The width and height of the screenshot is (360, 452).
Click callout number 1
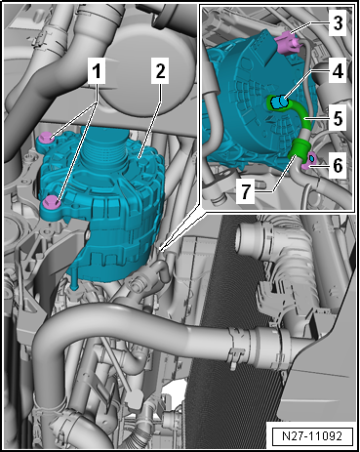coord(97,72)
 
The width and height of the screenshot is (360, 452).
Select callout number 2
coord(160,71)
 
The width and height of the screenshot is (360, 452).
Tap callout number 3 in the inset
coord(338,23)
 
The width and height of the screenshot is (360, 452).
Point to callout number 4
coord(338,70)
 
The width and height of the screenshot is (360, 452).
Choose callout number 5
coord(338,119)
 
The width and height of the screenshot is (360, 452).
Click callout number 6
coord(338,166)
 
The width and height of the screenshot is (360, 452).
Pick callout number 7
coord(245,191)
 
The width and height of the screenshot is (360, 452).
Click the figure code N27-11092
coord(312,436)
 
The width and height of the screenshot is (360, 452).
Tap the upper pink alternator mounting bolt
coord(46,139)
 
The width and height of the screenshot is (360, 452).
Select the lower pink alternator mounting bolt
coord(51,202)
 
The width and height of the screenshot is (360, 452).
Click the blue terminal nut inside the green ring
coord(279,103)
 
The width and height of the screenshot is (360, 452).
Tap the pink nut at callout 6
coord(309,160)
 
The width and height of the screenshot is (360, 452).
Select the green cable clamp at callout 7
coord(298,149)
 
